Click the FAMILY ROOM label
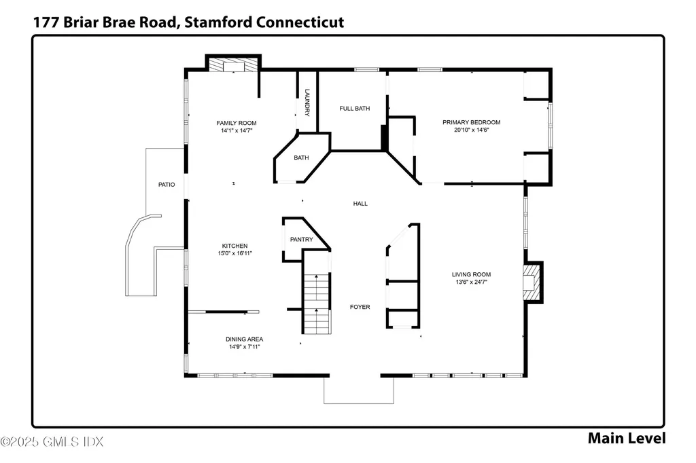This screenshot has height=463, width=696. (237, 123)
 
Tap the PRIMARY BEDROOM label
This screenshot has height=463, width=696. (471, 122)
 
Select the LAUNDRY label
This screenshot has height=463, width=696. (307, 103)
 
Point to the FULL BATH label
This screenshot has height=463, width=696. (354, 108)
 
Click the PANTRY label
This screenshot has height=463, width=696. (301, 240)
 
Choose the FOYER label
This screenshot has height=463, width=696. (360, 307)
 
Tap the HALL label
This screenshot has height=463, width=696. (360, 203)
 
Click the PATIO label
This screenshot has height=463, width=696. (167, 184)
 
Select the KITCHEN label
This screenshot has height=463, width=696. (234, 246)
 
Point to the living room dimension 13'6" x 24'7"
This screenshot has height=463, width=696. (471, 282)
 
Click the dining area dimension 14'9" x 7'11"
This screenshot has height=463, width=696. (244, 347)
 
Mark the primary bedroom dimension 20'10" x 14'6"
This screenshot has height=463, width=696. (471, 130)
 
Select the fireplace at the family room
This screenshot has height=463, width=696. (233, 64)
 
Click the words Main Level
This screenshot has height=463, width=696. (626, 438)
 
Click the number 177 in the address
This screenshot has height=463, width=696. (45, 22)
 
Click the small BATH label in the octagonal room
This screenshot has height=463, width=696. (301, 158)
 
